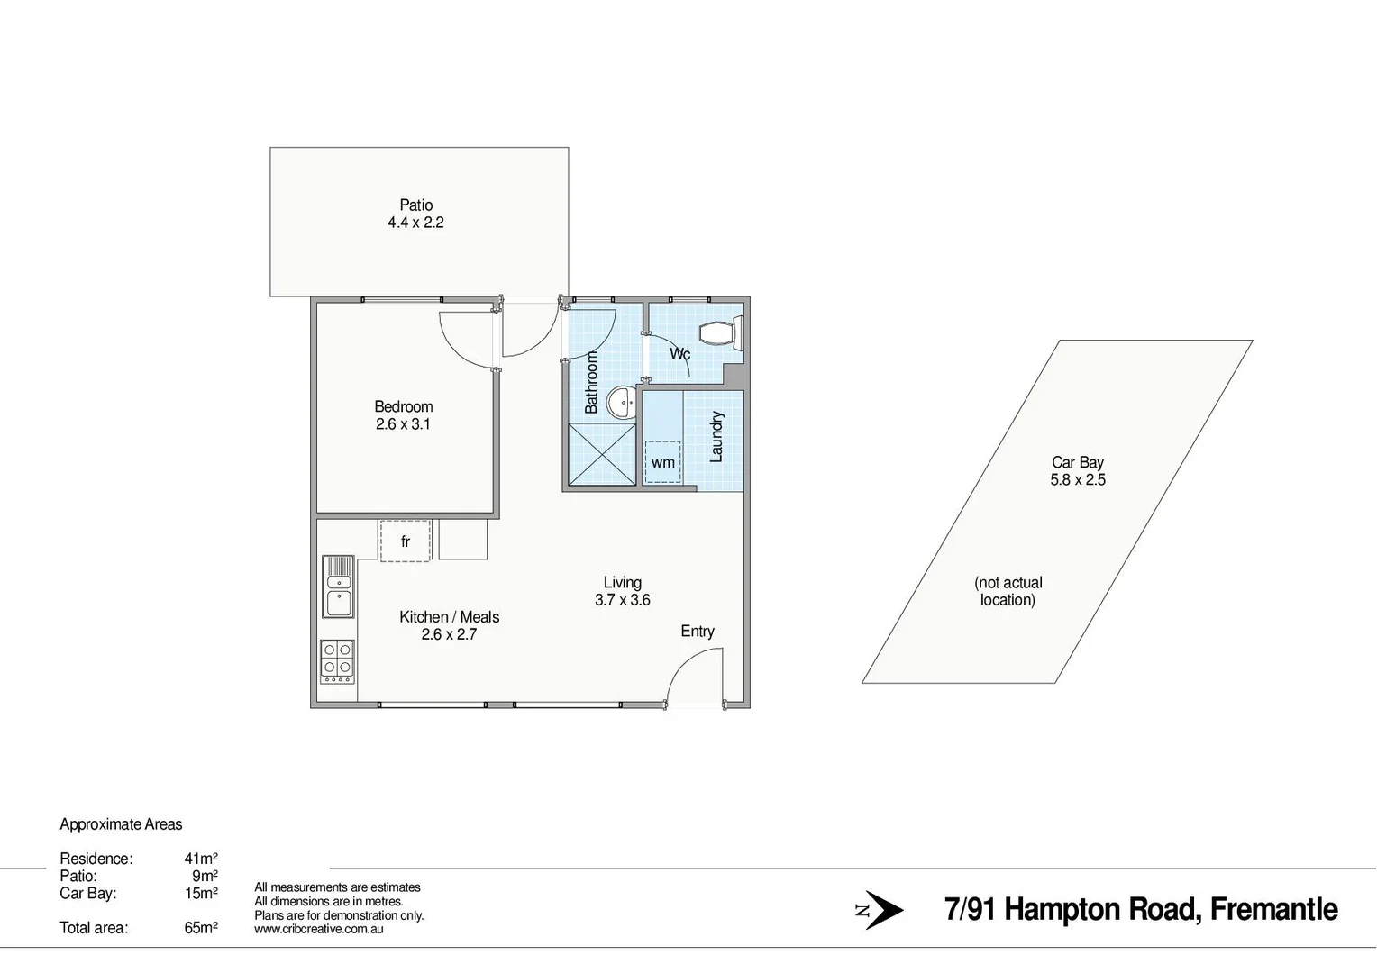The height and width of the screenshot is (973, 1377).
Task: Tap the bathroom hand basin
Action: pos(621,403)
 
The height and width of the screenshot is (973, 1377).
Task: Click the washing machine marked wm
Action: pos(663,462)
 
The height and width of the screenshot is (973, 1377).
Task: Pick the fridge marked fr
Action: pos(405,541)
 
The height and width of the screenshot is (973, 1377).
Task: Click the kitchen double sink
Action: pos(339,586)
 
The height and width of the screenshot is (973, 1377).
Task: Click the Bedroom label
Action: pos(404,407)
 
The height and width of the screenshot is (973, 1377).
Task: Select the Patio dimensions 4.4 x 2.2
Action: pos(415,223)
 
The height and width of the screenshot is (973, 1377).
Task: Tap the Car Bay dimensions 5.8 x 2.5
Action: pos(1078,480)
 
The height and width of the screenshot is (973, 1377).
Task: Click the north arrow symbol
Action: pos(881,910)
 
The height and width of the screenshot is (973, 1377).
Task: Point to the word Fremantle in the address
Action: pos(1272,910)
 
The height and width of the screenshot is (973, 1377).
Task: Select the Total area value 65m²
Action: pos(201,927)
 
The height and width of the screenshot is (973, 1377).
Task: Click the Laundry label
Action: pos(716,437)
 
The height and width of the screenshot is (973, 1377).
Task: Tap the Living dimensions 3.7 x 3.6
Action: pos(622,600)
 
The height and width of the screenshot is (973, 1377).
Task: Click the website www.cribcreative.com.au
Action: pos(319,929)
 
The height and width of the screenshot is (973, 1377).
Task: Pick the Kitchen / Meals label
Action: pos(449,617)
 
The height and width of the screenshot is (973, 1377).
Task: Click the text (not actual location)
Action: pos(1008,591)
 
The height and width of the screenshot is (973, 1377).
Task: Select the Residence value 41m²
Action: pos(201,859)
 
